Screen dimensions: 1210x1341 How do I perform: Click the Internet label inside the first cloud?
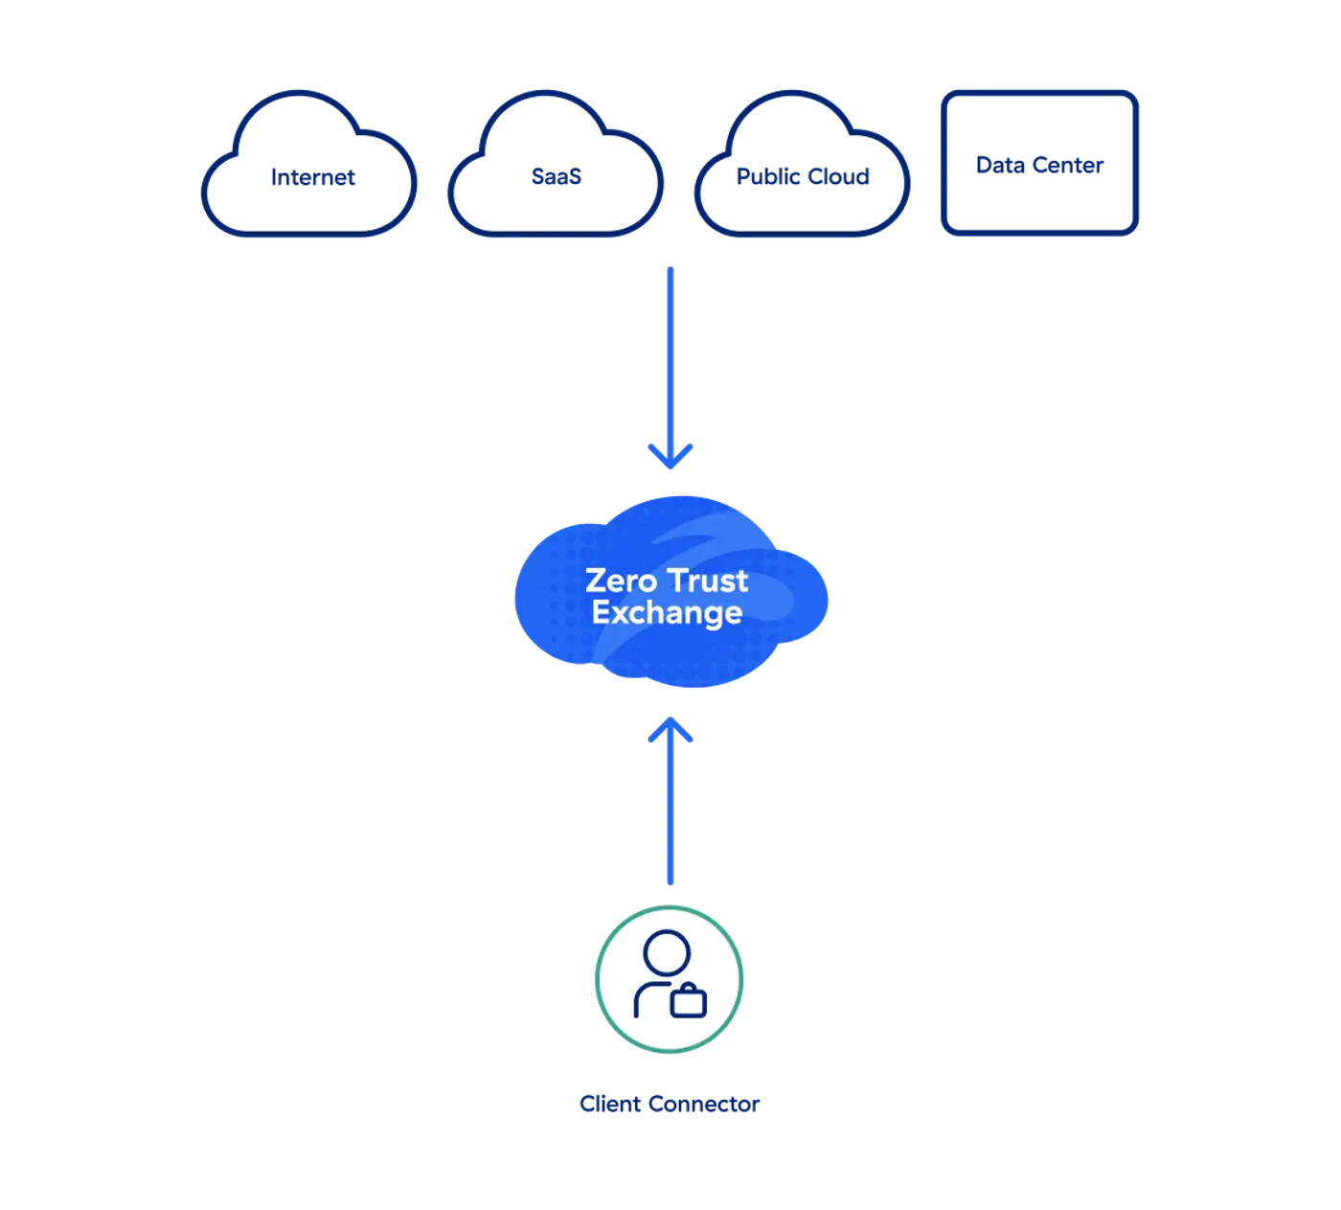(x=313, y=178)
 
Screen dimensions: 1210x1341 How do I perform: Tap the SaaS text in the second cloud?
(x=557, y=176)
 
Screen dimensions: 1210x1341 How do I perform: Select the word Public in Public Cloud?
(x=769, y=176)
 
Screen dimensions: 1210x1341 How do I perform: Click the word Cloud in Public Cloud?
(x=840, y=176)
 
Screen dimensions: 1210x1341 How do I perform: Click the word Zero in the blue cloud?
(x=621, y=581)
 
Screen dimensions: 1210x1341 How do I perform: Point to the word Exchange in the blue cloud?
(x=667, y=613)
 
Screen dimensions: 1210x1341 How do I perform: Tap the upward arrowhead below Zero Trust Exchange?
(x=670, y=730)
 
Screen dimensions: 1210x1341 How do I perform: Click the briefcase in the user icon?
(x=689, y=1001)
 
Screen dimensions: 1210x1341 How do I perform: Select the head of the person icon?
(x=667, y=953)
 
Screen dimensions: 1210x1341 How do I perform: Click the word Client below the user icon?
(x=609, y=1104)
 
